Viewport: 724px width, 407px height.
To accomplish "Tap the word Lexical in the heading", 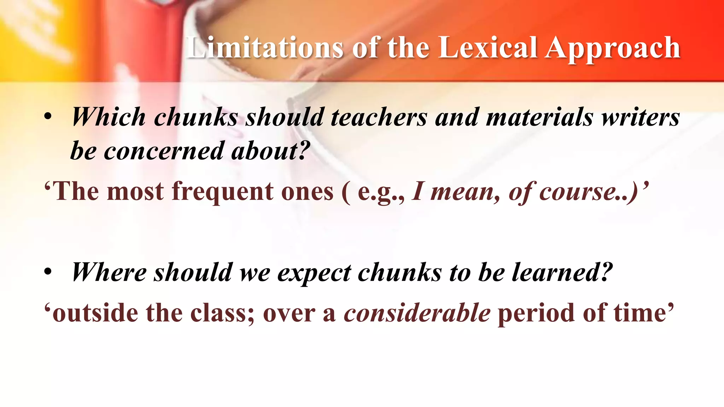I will point(488,48).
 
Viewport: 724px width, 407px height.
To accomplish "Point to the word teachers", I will point(379,118).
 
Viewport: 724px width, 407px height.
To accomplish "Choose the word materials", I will point(539,118).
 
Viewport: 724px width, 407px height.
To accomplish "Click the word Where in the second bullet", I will point(109,273).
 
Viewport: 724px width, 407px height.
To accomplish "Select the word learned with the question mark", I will point(562,273).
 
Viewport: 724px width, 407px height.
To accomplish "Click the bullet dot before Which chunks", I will point(48,117).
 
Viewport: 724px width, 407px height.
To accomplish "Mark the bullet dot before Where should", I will point(48,272).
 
